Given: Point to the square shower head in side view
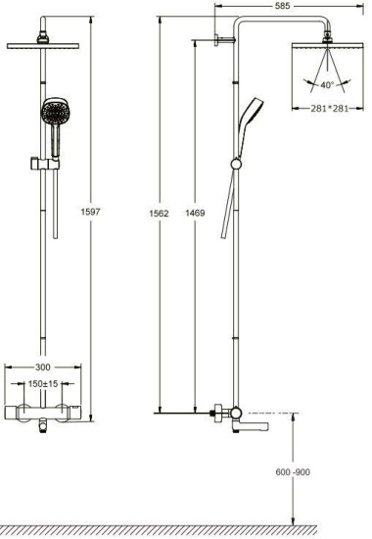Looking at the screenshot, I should pyautogui.click(x=323, y=54).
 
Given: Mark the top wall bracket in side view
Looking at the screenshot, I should pyautogui.click(x=222, y=41).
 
